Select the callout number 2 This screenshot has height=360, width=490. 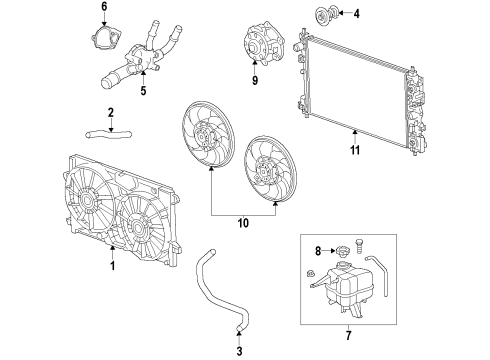point(112,112)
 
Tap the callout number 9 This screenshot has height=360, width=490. point(254,79)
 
